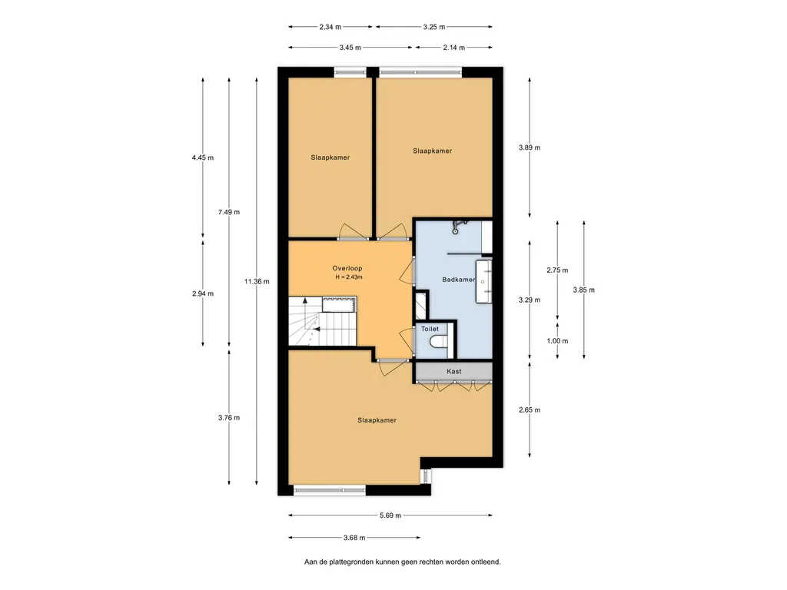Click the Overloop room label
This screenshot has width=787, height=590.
tap(347, 268)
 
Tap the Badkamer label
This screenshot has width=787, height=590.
tap(459, 280)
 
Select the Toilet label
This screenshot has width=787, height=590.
tap(430, 329)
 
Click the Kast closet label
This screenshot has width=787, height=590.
tap(453, 371)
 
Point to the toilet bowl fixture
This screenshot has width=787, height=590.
tap(439, 342)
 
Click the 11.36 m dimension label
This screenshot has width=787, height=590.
tap(257, 281)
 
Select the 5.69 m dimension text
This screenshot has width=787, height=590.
tap(390, 515)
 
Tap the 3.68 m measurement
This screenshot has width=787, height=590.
tap(354, 538)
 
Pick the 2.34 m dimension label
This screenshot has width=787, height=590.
tap(330, 27)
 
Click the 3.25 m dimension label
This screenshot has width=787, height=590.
tap(434, 27)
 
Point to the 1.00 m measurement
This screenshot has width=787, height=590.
tap(558, 341)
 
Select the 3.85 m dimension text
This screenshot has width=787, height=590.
tap(584, 290)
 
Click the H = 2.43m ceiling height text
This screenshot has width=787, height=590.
tap(349, 277)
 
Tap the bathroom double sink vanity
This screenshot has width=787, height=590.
tap(484, 281)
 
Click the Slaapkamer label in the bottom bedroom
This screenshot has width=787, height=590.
tap(377, 420)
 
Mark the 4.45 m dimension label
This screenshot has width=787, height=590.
tap(203, 157)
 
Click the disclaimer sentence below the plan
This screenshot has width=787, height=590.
tap(403, 562)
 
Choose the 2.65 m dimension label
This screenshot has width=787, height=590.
tap(530, 410)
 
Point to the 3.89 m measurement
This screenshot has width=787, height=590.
tap(530, 147)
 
